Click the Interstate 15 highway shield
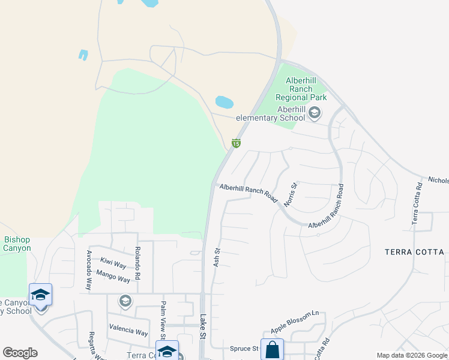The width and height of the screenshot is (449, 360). [236, 143]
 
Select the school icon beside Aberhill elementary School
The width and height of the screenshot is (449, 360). [314, 113]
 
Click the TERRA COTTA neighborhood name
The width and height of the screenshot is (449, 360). [414, 252]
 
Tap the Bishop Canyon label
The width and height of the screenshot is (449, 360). [17, 244]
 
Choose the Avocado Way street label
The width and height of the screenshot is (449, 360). [89, 270]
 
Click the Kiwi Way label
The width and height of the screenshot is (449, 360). [113, 264]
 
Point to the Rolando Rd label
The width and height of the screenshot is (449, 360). [137, 263]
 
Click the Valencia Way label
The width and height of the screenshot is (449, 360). [128, 332]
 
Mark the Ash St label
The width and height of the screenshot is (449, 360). [217, 257]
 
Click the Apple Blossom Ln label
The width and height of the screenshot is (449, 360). [294, 322]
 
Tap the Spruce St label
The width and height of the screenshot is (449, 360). [244, 349]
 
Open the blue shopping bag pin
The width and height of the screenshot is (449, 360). [272, 349]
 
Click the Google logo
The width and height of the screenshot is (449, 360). [20, 353]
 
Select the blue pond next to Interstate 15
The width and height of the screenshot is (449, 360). [224, 102]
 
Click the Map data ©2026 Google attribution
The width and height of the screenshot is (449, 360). [411, 355]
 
